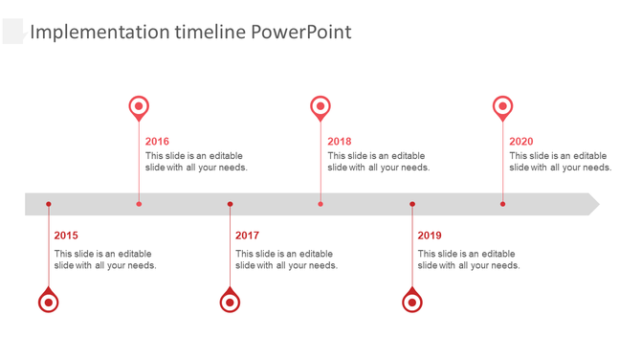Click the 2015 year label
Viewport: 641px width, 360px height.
coord(66,236)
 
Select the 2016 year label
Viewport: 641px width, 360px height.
coord(157,142)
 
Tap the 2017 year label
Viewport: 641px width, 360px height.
coord(247,236)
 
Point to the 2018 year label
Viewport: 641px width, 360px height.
coord(339,142)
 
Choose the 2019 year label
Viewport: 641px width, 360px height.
coord(430,236)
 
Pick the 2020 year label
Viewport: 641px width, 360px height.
coord(521,142)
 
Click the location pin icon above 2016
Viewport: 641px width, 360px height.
coord(139,107)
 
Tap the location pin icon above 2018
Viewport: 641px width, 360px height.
coord(320,107)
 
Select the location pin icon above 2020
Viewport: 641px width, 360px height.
coord(502,107)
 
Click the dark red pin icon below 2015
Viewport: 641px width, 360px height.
coord(49,302)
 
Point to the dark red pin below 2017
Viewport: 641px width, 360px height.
coord(230,302)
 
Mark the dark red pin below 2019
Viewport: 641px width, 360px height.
coord(412,302)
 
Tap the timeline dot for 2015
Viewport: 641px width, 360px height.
coord(49,204)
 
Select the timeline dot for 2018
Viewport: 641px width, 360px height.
coord(320,204)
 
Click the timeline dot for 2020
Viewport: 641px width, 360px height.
coord(502,204)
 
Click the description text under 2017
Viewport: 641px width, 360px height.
coord(286,259)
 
